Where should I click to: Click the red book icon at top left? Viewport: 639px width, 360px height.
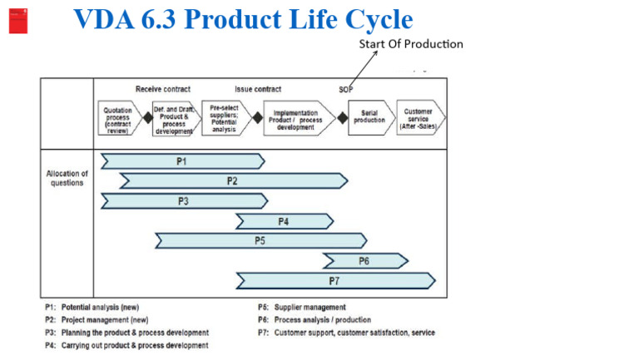(x=18, y=20)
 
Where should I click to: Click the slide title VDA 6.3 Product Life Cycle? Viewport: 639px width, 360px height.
(x=243, y=19)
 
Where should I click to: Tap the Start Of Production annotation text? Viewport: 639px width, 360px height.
(x=411, y=43)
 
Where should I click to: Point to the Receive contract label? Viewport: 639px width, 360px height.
(x=163, y=89)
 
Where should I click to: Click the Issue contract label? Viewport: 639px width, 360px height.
(x=258, y=89)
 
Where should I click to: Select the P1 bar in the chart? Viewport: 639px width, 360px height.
(x=182, y=161)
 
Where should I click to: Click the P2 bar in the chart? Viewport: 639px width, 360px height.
(x=233, y=180)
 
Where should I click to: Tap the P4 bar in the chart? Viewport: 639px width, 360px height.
(x=284, y=221)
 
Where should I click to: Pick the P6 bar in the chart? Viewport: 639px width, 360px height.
(x=364, y=261)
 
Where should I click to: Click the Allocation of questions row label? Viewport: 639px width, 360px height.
(x=67, y=178)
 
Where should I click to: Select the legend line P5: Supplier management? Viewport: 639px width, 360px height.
(x=301, y=308)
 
